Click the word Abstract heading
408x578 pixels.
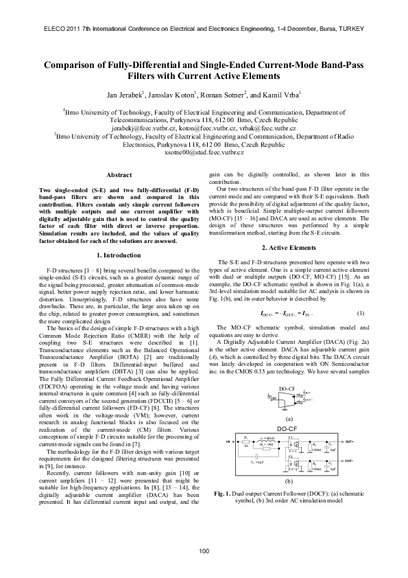[x=120, y=175]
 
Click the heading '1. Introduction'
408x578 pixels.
[x=120, y=255]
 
